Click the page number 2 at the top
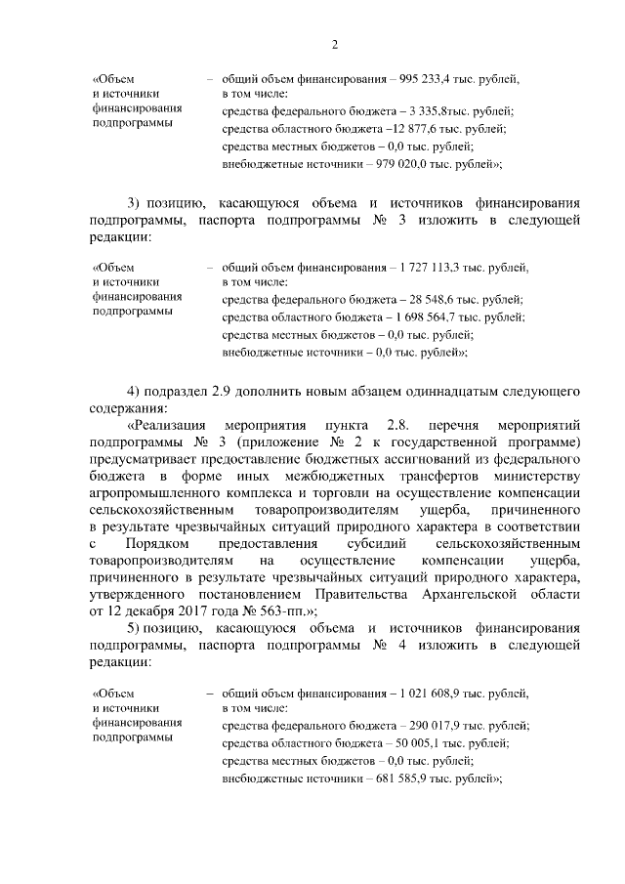pyautogui.click(x=334, y=44)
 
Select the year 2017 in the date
pyautogui.click(x=181, y=608)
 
